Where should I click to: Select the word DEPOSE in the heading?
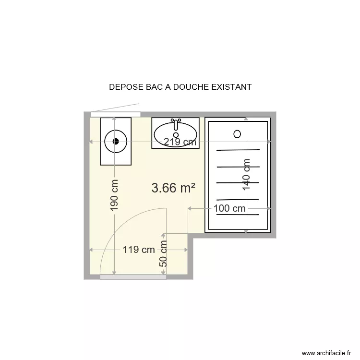(123, 87)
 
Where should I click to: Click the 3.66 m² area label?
(173, 188)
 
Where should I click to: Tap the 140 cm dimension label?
(246, 175)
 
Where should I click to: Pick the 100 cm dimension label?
(229, 208)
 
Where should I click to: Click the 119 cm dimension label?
(139, 250)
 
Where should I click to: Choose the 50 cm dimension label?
(164, 254)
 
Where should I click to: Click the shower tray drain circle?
(237, 134)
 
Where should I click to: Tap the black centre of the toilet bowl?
(115, 141)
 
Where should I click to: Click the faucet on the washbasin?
(176, 124)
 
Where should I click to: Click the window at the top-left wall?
(116, 114)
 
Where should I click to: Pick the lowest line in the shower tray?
(238, 214)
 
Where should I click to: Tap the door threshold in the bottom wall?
(132, 277)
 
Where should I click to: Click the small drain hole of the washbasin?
(176, 135)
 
